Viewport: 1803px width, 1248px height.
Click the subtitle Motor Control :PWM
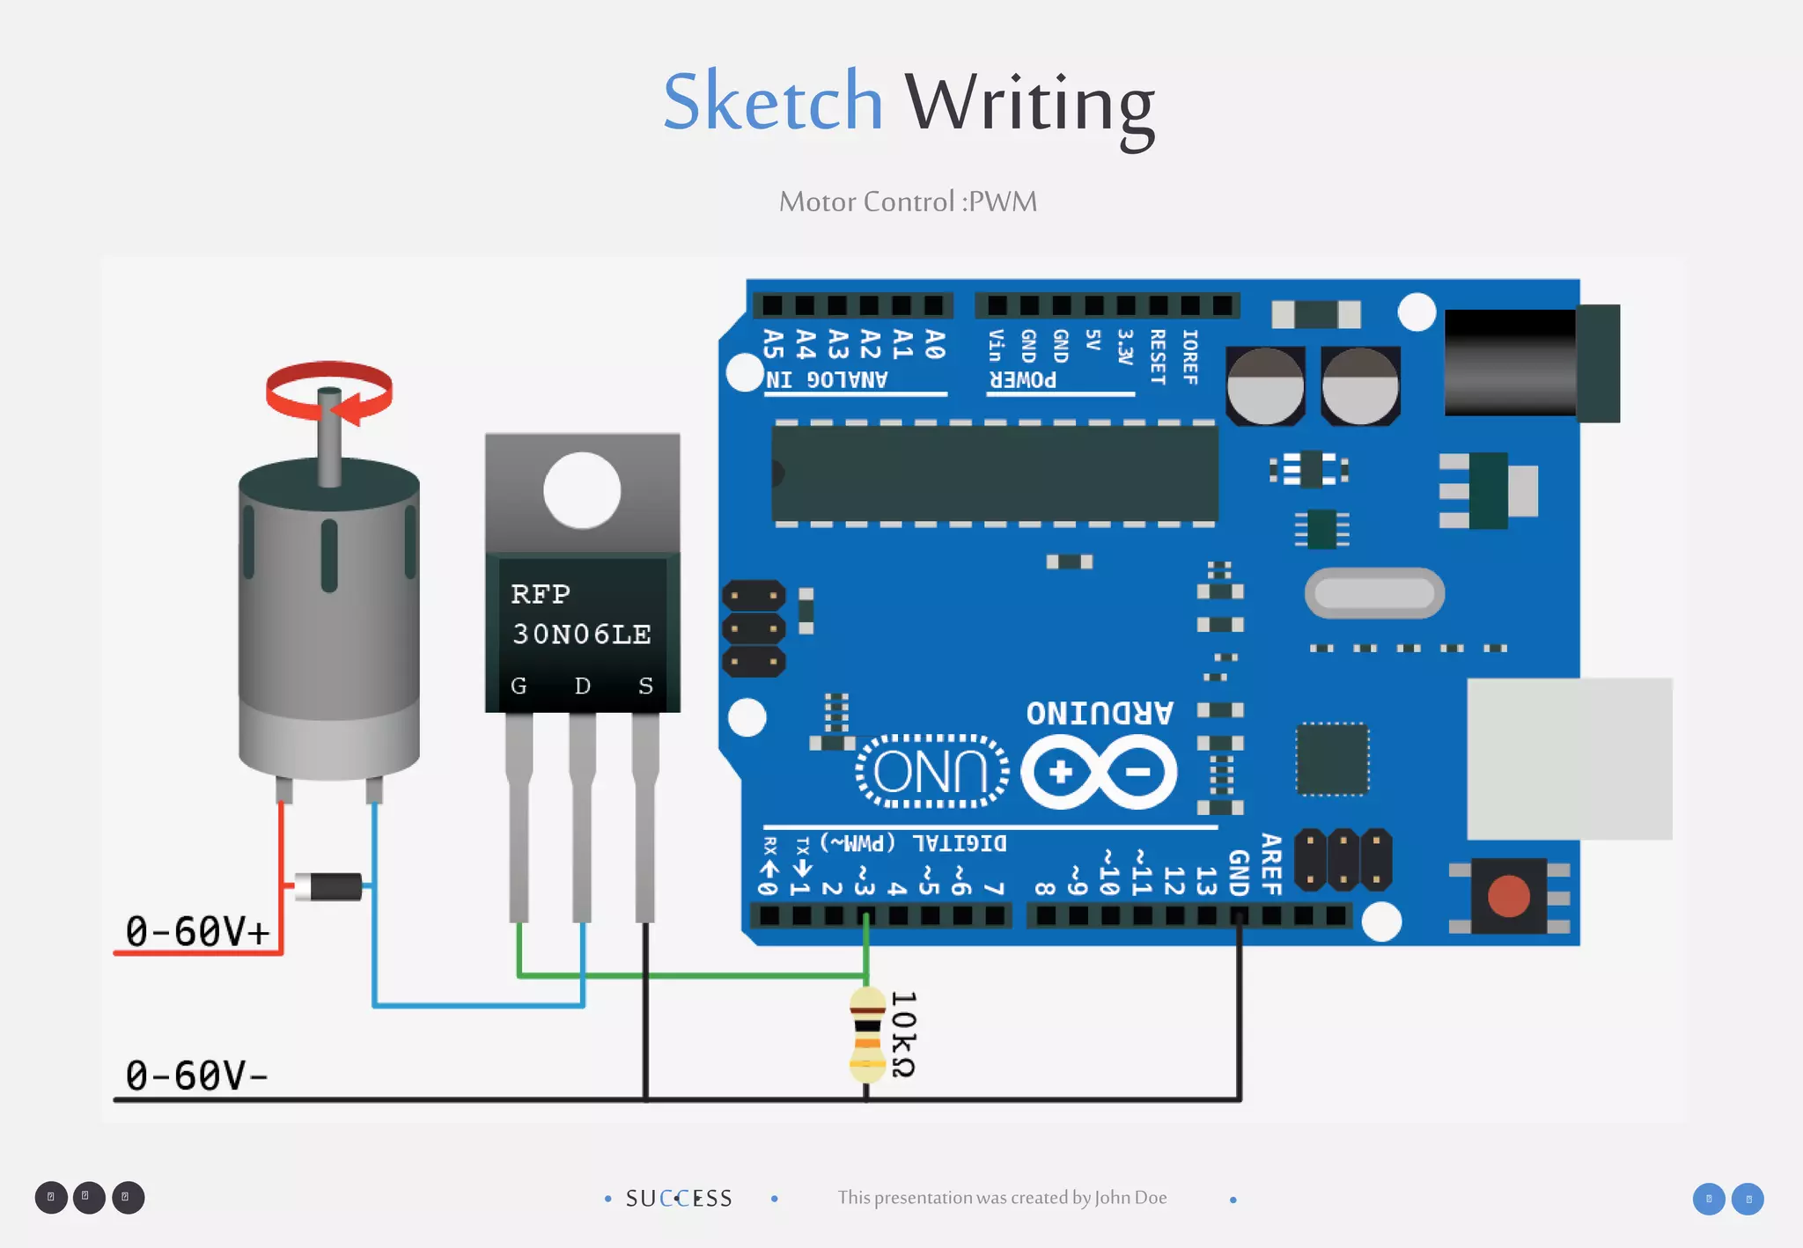908,202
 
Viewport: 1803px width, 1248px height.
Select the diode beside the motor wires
328,886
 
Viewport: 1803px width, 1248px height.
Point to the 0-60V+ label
197,931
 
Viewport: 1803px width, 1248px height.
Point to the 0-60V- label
195,1075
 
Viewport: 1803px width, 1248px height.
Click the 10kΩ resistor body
867,1035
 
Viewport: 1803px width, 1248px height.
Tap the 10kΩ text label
903,1035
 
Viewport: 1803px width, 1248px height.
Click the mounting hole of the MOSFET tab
582,490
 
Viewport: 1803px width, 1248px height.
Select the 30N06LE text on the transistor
582,634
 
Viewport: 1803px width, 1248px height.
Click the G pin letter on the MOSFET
519,686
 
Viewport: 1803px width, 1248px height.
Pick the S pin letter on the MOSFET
645,686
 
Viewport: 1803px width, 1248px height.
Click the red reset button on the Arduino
1508,896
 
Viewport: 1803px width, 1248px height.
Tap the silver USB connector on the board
1569,758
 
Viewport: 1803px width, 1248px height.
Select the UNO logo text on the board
931,772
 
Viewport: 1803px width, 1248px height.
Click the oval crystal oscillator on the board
1374,593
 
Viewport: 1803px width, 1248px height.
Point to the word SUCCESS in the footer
679,1199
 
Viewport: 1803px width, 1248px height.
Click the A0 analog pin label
935,344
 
